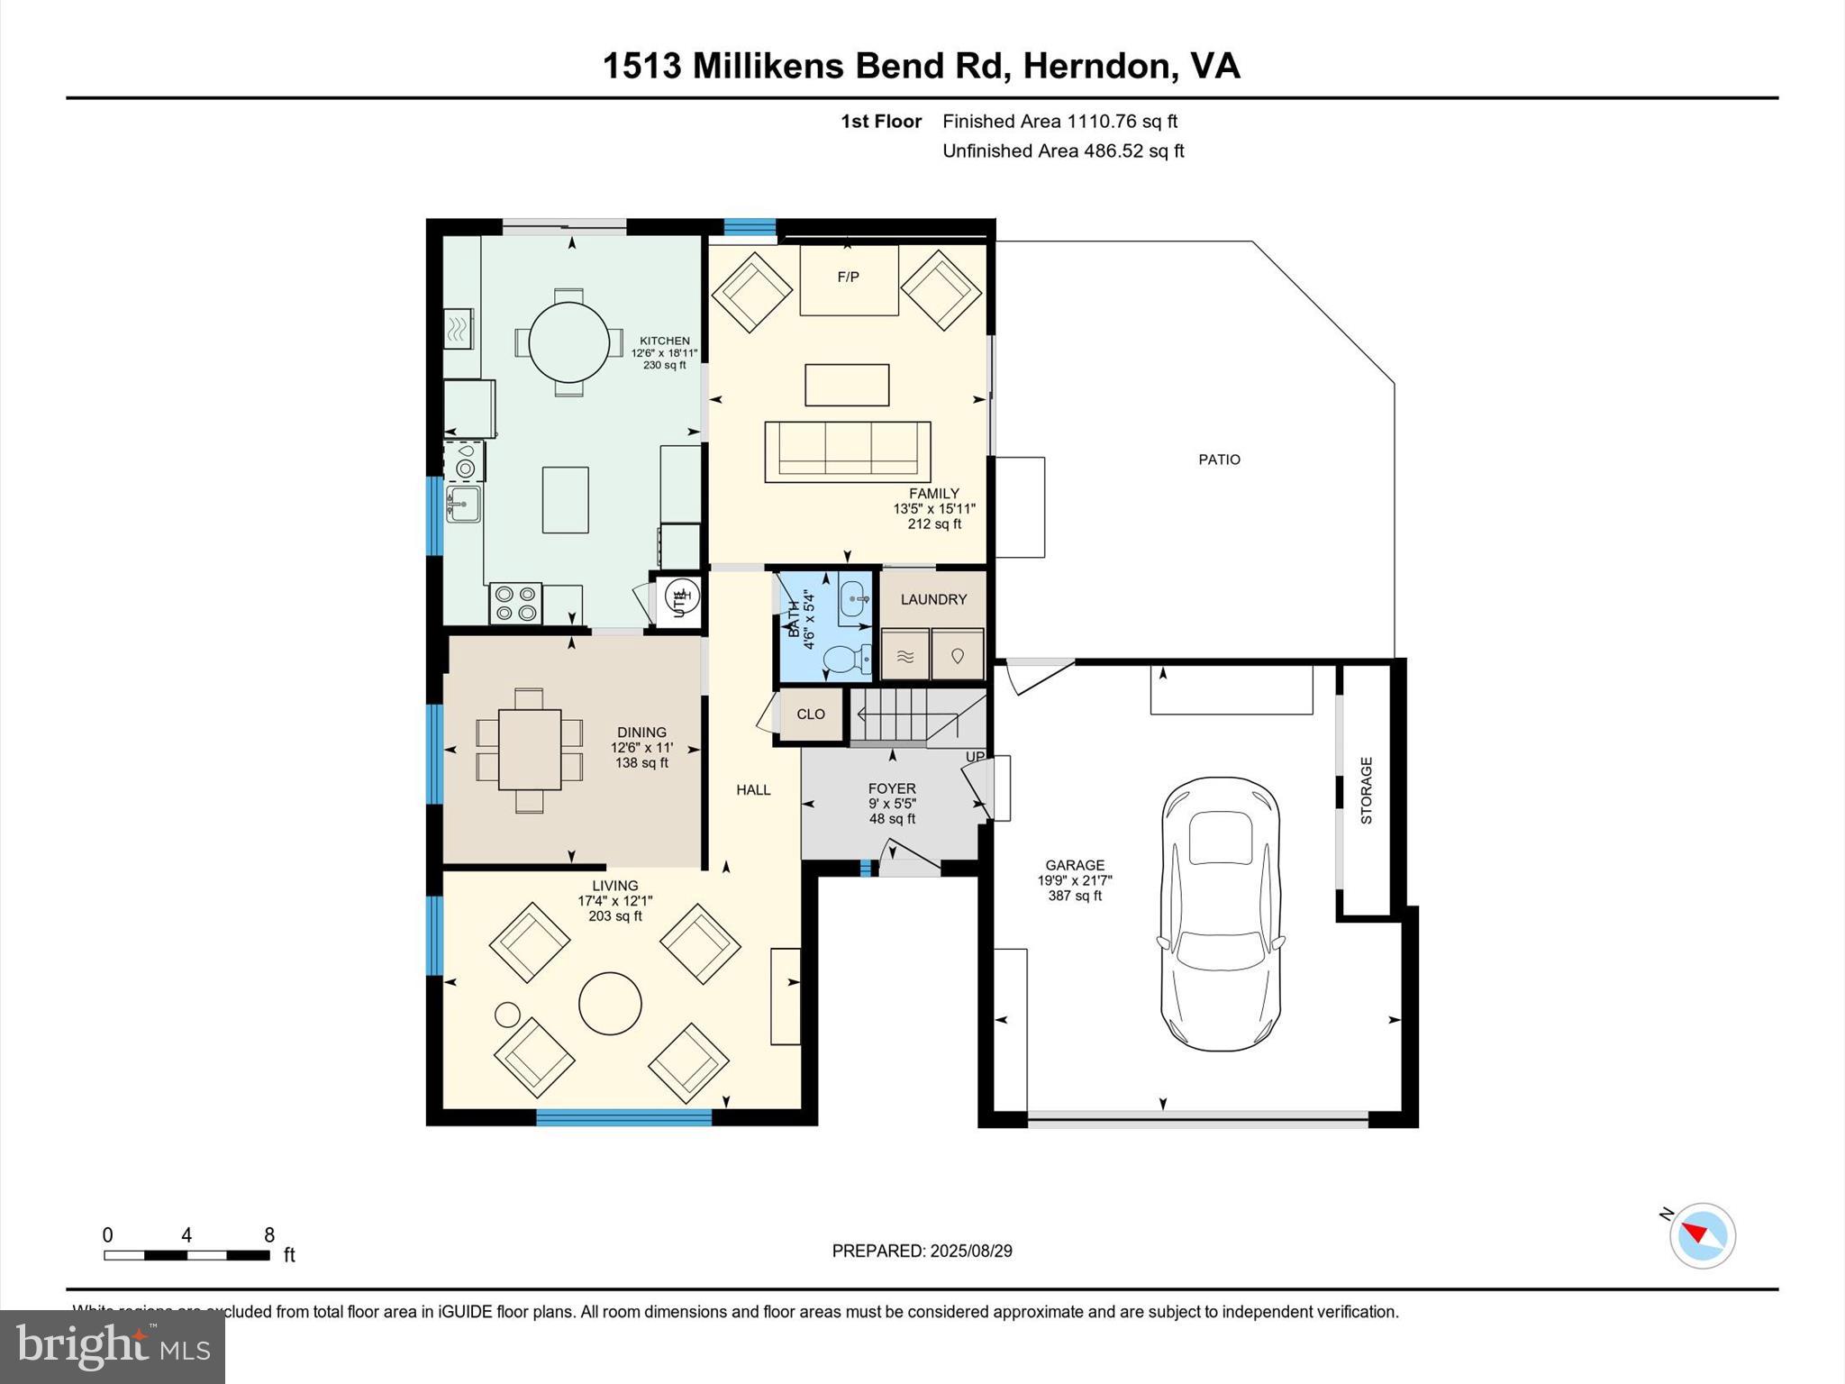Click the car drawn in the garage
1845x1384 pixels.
click(x=1221, y=913)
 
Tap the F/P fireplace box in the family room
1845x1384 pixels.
click(x=849, y=279)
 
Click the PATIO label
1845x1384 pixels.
click(x=1219, y=460)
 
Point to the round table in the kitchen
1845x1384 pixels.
click(x=568, y=342)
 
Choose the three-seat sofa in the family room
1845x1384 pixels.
click(x=847, y=451)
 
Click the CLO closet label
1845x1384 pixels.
click(x=811, y=714)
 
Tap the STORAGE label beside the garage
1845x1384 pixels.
click(x=1366, y=790)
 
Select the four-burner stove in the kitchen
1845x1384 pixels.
click(x=516, y=604)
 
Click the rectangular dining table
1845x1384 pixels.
click(x=529, y=750)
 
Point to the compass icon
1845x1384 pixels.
click(x=1702, y=1235)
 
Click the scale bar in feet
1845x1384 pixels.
click(x=186, y=1254)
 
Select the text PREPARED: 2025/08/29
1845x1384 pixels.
click(x=922, y=1251)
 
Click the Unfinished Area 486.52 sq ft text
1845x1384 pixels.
click(x=1063, y=150)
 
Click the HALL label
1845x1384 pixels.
click(x=753, y=789)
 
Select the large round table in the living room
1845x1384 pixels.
click(x=610, y=1003)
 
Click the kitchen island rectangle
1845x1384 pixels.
click(x=565, y=499)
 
